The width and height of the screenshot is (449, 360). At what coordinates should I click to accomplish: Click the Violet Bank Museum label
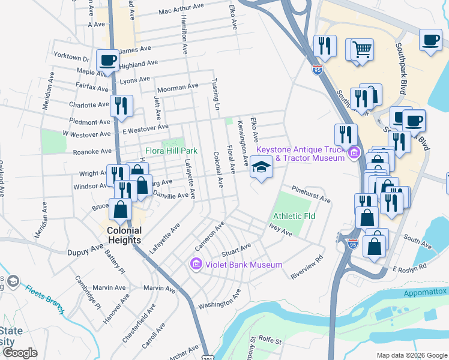click(244, 265)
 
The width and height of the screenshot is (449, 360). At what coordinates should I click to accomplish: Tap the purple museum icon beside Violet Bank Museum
click(196, 264)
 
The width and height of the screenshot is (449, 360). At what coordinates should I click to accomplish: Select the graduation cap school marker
click(261, 167)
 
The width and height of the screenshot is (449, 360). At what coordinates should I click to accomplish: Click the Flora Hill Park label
click(171, 151)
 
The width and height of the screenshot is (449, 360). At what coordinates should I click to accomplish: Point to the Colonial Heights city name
click(124, 235)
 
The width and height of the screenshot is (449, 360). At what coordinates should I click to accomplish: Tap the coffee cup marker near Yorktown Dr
click(107, 61)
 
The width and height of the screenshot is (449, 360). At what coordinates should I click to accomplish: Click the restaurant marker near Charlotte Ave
click(121, 106)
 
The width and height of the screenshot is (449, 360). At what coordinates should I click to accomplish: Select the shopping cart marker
click(362, 49)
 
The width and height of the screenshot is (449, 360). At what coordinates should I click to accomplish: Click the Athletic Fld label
click(294, 216)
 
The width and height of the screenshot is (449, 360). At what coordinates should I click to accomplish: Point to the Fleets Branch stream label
click(45, 298)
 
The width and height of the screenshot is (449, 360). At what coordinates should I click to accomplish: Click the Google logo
click(19, 353)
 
